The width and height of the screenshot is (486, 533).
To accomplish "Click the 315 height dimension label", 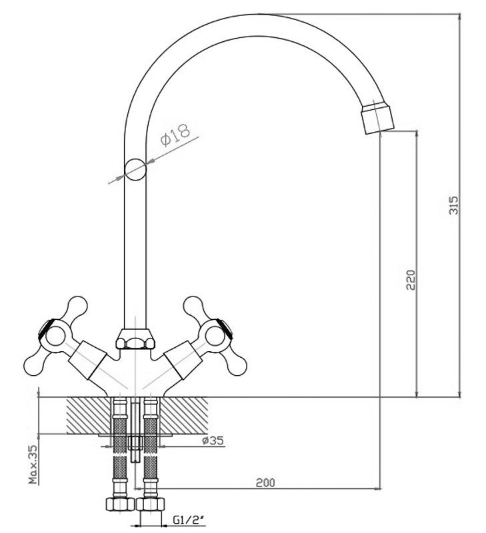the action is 454,205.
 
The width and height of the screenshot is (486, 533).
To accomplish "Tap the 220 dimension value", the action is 411,280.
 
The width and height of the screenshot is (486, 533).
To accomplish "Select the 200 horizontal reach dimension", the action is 265,482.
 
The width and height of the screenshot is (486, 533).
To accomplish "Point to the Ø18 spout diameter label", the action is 175,135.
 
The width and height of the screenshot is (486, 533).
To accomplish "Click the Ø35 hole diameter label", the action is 213,440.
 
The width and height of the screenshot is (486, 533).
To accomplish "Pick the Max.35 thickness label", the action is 33,464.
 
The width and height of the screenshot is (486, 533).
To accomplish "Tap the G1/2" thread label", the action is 188,520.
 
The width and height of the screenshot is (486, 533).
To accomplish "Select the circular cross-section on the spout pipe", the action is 135,170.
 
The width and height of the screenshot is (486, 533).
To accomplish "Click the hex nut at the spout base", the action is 135,338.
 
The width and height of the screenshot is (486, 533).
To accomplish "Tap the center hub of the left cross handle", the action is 55,337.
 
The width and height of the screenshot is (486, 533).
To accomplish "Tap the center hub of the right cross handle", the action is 215,337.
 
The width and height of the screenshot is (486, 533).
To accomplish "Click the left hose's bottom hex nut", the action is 120,504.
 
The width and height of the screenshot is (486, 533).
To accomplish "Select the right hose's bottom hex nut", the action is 150,504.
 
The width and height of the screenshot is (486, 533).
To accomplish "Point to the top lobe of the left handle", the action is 77,307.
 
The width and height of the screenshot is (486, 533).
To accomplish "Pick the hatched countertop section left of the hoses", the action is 89,415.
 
